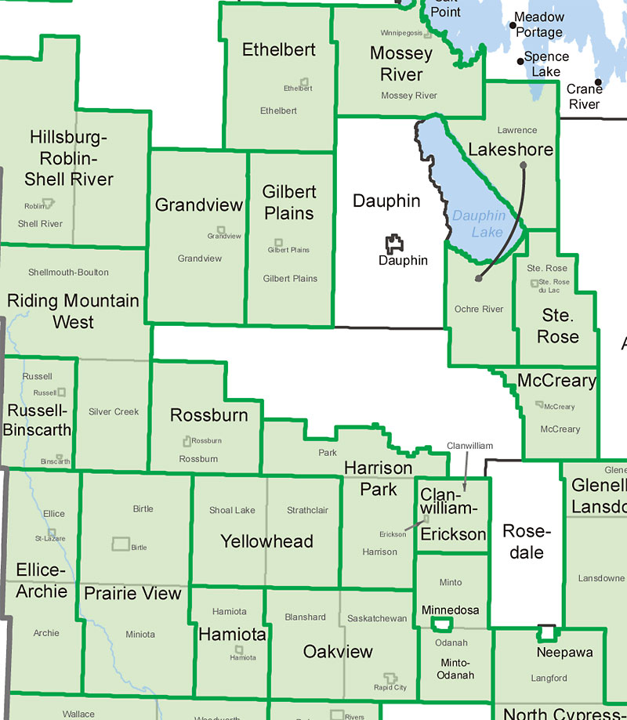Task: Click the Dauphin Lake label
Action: [x=477, y=223]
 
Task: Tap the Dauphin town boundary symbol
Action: [x=395, y=244]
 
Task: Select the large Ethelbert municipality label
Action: [x=279, y=50]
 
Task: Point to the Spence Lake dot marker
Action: [x=520, y=61]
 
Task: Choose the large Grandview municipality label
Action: [x=199, y=205]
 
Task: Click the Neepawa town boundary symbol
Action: [x=546, y=632]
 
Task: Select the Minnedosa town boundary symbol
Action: [x=443, y=624]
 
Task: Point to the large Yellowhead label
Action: [x=266, y=541]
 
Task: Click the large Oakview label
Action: [x=338, y=652]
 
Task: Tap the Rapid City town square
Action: [x=390, y=678]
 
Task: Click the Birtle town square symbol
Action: [x=120, y=544]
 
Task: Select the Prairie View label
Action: [x=132, y=594]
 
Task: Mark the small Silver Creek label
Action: [x=114, y=411]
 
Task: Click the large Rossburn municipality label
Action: [x=208, y=416]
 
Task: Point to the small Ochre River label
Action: [x=479, y=309]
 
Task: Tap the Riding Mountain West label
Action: [x=73, y=311]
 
